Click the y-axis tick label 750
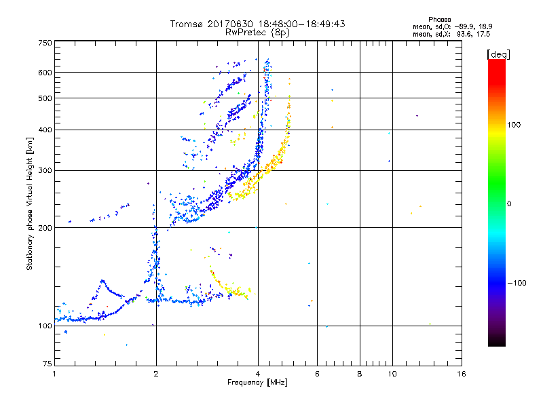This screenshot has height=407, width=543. click(45, 42)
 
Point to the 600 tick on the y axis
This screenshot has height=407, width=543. click(45, 72)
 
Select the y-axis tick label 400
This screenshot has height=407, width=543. click(45, 130)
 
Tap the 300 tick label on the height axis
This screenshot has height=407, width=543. click(45, 170)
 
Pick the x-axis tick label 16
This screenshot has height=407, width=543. click(461, 374)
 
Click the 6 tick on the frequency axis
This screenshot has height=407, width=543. click(317, 374)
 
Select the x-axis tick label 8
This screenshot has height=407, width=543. click(360, 374)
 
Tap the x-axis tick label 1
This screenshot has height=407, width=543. click(54, 374)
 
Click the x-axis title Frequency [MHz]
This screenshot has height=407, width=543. click(257, 383)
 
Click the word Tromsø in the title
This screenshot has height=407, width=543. click(186, 24)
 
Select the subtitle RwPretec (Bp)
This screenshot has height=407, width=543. click(257, 32)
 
